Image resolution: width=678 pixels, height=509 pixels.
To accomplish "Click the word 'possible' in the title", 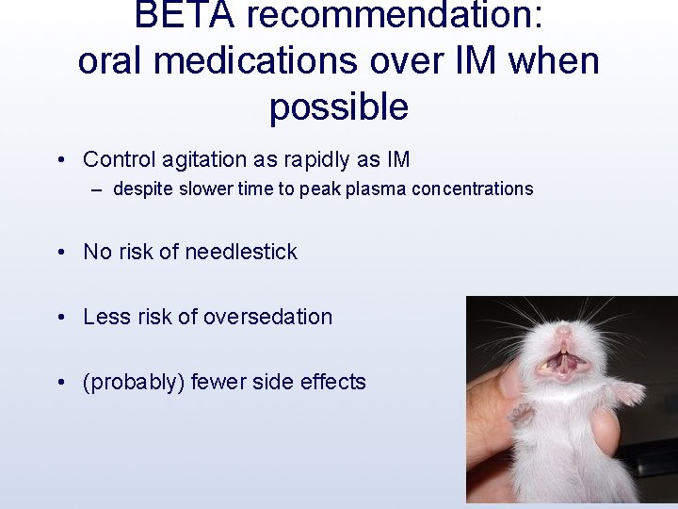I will pyautogui.click(x=338, y=107).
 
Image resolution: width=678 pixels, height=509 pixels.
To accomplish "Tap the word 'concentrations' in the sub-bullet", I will pyautogui.click(x=472, y=189).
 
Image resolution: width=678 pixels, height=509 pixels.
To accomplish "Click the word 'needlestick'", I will pyautogui.click(x=241, y=252).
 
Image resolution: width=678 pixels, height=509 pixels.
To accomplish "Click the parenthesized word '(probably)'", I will pyautogui.click(x=134, y=382).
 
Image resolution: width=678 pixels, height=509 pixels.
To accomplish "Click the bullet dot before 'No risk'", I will pyautogui.click(x=60, y=253).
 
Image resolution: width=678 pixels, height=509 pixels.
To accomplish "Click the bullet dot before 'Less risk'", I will pyautogui.click(x=60, y=318).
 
